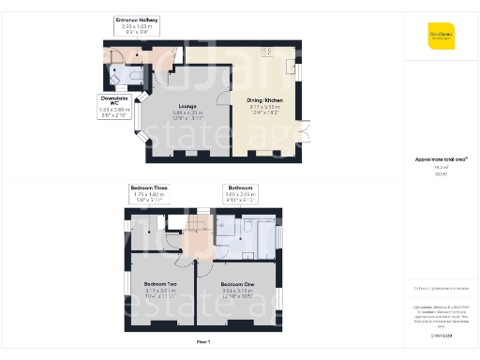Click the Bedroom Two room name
(x=160, y=283)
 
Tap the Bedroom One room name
(x=237, y=283)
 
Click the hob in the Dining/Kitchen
(x=268, y=52)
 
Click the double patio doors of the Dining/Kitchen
(x=303, y=131)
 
